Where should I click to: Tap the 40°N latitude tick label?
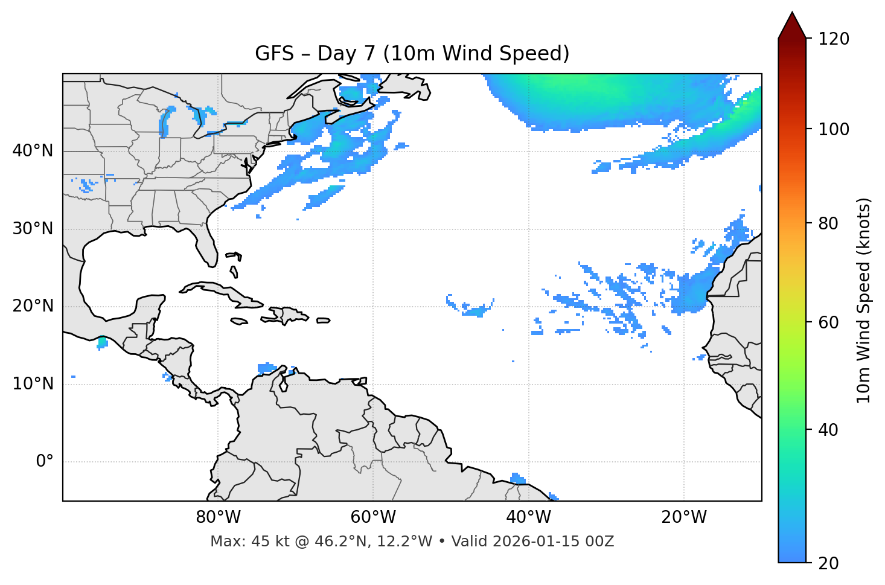pyautogui.click(x=33, y=151)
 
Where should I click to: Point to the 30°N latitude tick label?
pyautogui.click(x=33, y=229)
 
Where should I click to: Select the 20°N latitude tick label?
pyautogui.click(x=33, y=306)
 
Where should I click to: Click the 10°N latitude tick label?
pyautogui.click(x=33, y=384)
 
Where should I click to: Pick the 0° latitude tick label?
pyautogui.click(x=44, y=462)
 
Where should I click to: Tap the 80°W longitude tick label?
pyautogui.click(x=218, y=517)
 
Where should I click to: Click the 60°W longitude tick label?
pyautogui.click(x=373, y=517)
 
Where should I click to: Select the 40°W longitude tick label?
pyautogui.click(x=529, y=517)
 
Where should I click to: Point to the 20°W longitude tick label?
pyautogui.click(x=684, y=517)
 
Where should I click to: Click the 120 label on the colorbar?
pyautogui.click(x=834, y=39)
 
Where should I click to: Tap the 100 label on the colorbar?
pyautogui.click(x=834, y=129)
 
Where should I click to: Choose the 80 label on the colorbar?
pyautogui.click(x=828, y=223)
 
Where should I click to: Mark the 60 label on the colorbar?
pyautogui.click(x=828, y=322)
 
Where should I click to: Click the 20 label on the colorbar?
pyautogui.click(x=828, y=563)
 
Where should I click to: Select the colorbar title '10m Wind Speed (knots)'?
pyautogui.click(x=864, y=300)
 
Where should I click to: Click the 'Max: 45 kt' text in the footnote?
pyautogui.click(x=249, y=542)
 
